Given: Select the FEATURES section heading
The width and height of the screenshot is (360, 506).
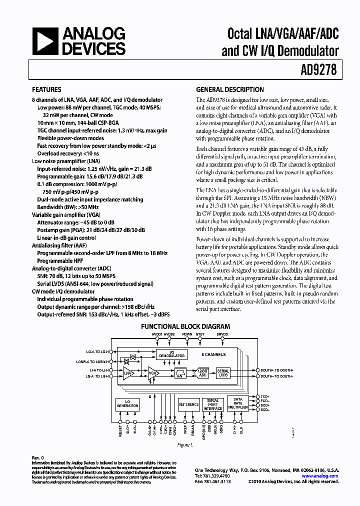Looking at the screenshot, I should [x=46, y=90].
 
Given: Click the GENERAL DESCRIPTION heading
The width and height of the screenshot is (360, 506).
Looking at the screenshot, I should [x=229, y=90].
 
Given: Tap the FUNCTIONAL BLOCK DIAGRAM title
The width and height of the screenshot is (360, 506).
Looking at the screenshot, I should [x=177, y=326].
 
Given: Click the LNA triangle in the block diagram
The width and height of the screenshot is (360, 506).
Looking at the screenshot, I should [x=127, y=373].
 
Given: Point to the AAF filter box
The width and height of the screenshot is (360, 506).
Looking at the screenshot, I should [x=180, y=373].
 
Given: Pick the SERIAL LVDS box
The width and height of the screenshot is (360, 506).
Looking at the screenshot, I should [x=223, y=373].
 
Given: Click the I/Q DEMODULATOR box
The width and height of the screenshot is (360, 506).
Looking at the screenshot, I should [x=171, y=354].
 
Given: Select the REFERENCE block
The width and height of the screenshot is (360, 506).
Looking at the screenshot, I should [x=189, y=404].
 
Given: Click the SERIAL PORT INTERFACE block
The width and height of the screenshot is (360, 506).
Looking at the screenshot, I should [x=213, y=404].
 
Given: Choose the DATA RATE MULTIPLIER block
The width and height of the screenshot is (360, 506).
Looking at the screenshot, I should [x=237, y=403].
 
